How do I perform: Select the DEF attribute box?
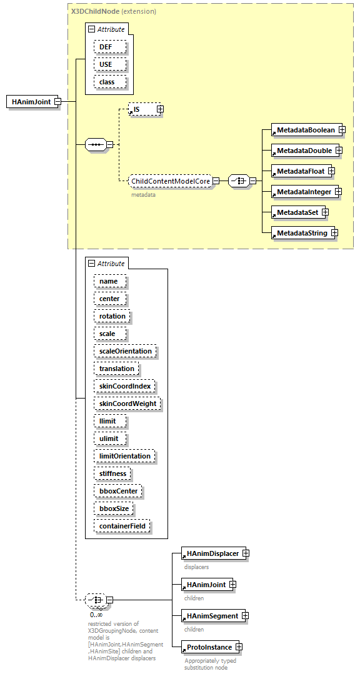pos(110,47)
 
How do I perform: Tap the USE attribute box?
pos(110,64)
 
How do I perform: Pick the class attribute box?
pos(110,82)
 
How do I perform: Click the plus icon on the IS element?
pos(160,109)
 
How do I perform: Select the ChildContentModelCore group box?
pos(169,181)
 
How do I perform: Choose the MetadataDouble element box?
pos(302,151)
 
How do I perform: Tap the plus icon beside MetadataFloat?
pos(331,171)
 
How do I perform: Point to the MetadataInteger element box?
pos(302,192)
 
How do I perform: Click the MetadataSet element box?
pos(295,212)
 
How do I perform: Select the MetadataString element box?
pos(300,233)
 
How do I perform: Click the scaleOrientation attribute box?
pos(125,351)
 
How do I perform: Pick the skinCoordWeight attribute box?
pos(127,404)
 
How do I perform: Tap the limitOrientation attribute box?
pos(124,456)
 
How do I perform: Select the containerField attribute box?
pos(122,526)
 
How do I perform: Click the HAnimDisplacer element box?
pos(211,553)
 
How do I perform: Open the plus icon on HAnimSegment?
pos(245,616)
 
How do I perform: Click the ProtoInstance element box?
pos(207,647)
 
